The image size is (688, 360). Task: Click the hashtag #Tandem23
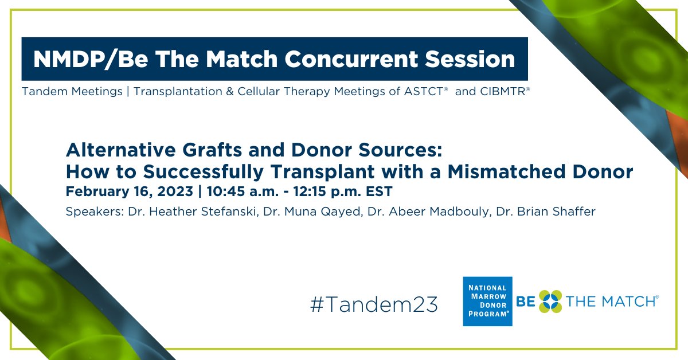374,304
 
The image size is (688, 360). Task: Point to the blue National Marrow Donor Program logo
487,302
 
